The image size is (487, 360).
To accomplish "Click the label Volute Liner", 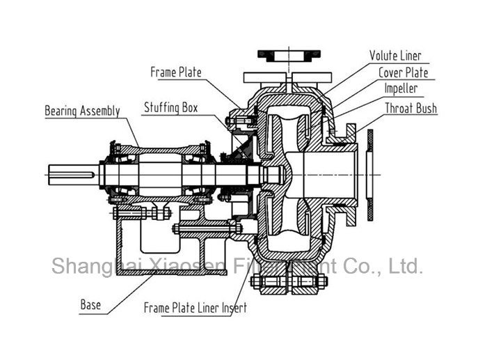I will tap(394, 56).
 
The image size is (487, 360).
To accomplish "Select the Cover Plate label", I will tap(403, 72).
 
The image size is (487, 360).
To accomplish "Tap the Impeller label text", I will tap(401, 89).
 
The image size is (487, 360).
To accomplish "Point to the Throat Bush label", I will tap(411, 108).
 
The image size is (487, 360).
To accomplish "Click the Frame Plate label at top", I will tap(176, 72).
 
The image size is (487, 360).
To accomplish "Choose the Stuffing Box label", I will tap(170, 108).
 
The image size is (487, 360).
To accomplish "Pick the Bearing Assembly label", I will tap(82, 111).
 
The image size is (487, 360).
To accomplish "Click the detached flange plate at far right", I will tap(370, 172).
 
